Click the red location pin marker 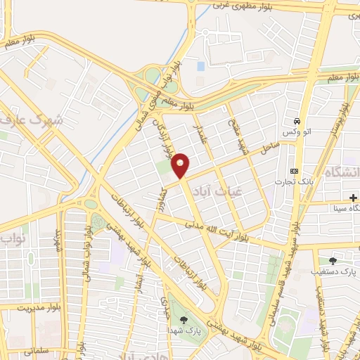[x=181, y=165]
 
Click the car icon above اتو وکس [x=298, y=121]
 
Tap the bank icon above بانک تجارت [x=293, y=172]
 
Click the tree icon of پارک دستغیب [x=333, y=260]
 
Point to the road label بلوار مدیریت [x=26, y=307]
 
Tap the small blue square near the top [x=201, y=65]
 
